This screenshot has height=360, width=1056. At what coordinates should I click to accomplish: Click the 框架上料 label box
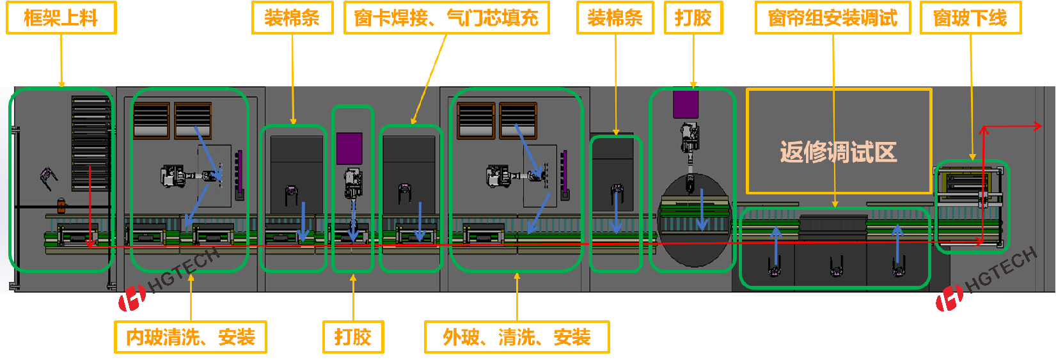tap(61, 18)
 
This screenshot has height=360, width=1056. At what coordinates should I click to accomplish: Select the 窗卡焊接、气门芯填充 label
tap(446, 18)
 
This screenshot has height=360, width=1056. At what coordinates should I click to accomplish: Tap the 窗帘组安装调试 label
tap(833, 18)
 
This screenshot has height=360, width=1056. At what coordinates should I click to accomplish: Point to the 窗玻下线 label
tap(970, 18)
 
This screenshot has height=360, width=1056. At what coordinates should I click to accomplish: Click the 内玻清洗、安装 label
tap(191, 337)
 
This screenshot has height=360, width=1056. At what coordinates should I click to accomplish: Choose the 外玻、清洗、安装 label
tap(517, 337)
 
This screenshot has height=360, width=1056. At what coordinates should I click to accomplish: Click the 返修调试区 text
tap(838, 152)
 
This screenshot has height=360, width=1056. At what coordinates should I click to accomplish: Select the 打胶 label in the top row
tap(693, 18)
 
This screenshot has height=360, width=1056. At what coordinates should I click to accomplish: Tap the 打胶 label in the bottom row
tap(353, 337)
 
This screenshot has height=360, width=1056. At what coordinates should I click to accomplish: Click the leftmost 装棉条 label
tap(292, 18)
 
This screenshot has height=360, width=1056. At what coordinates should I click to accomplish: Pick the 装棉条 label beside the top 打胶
tap(615, 18)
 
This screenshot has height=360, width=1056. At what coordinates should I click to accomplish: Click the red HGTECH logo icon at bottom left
tap(132, 298)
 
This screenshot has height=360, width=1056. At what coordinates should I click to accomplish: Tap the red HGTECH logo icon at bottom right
tap(949, 298)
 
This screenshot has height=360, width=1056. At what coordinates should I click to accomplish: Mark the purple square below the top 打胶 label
tap(686, 104)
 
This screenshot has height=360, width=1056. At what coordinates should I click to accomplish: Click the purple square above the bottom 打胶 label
tap(349, 148)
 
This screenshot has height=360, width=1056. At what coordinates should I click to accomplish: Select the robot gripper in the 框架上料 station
tap(48, 177)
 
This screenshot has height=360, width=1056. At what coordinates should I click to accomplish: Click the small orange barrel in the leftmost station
tap(61, 206)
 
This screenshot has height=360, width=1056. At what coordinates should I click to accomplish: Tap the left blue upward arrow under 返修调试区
tap(776, 246)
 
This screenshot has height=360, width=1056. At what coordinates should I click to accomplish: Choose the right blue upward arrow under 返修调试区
tap(897, 243)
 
